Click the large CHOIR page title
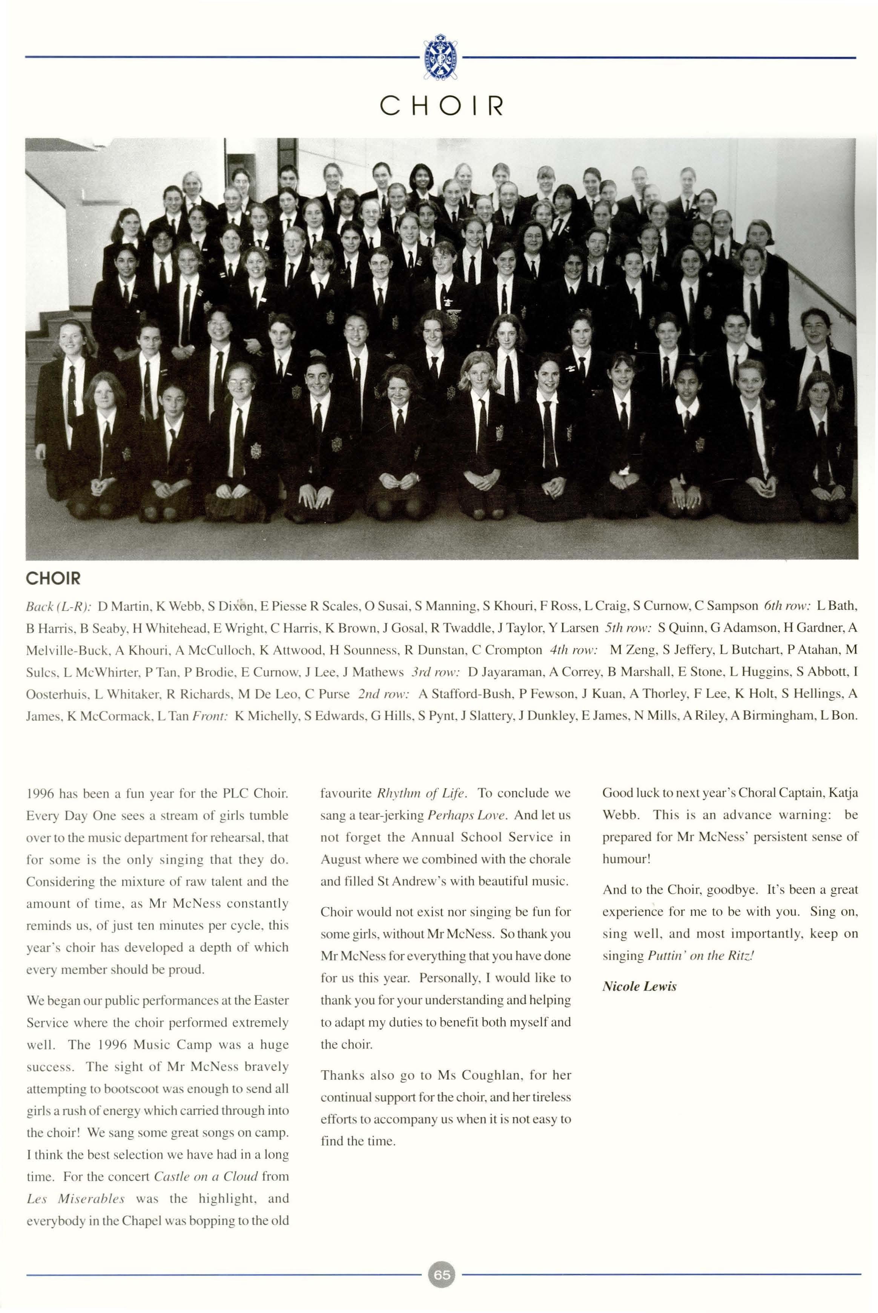[x=441, y=105]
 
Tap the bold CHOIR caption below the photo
[x=53, y=578]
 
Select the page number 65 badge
[x=441, y=1275]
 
